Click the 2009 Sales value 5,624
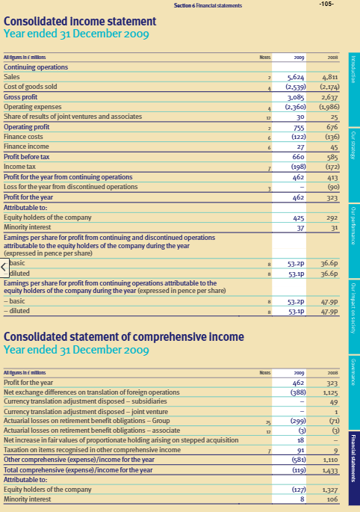point(300,77)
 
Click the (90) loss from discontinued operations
point(332,187)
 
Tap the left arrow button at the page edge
point(4,267)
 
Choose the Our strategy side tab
point(353,145)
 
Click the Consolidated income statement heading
point(80,22)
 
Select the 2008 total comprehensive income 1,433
point(329,472)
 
